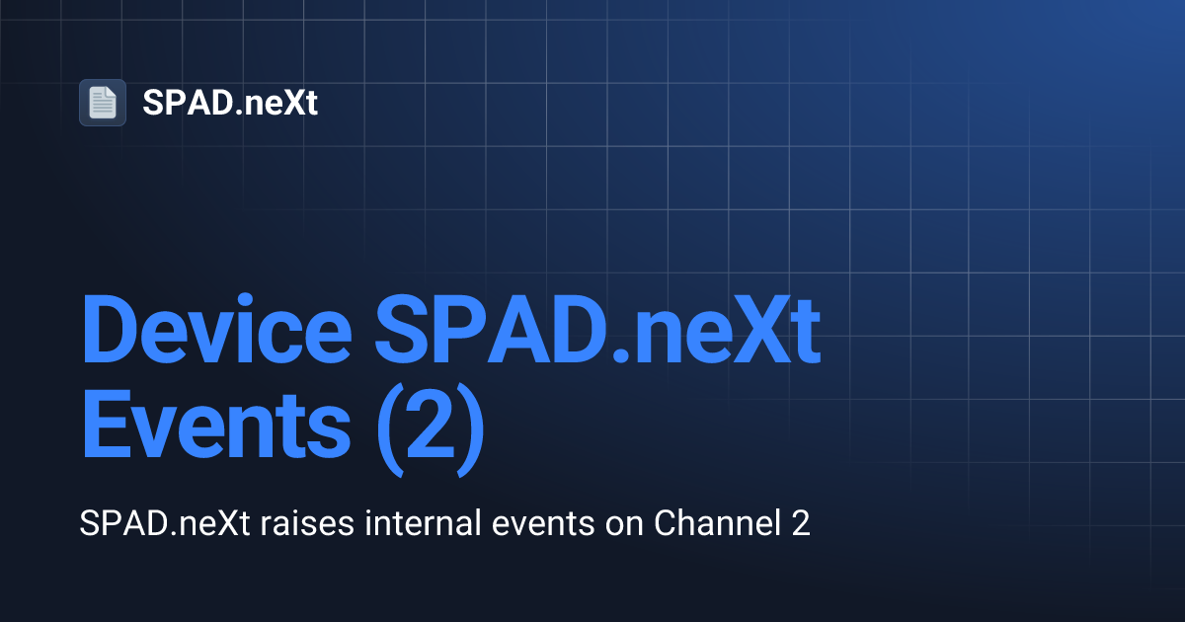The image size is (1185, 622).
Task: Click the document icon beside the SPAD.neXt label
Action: coord(103,103)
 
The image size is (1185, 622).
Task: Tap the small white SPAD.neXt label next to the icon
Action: coord(230,103)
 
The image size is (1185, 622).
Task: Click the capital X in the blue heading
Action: coord(747,335)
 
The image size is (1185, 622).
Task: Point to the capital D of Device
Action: coord(110,335)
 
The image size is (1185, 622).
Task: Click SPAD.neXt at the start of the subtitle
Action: coord(166,523)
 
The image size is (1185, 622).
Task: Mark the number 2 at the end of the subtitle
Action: coord(801,523)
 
